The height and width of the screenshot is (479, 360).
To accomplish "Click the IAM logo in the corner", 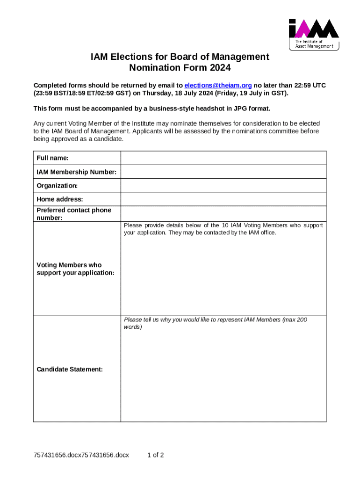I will click(x=313, y=34).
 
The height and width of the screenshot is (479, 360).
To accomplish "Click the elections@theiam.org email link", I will click(x=218, y=85).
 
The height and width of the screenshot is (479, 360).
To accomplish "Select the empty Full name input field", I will click(x=223, y=158).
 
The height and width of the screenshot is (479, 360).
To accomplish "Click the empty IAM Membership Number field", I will click(x=223, y=172).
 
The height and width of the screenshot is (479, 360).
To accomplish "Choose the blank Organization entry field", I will click(x=223, y=186).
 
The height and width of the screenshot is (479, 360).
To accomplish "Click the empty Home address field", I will click(x=223, y=199).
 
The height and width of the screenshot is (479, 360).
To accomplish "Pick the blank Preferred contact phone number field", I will click(x=223, y=214).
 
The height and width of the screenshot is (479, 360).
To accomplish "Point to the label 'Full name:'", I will click(x=52, y=158).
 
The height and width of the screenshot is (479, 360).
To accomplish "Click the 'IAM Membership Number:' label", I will click(x=76, y=172).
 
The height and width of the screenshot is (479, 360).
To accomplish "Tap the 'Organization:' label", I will click(x=57, y=186).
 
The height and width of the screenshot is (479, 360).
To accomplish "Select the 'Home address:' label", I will click(x=59, y=200).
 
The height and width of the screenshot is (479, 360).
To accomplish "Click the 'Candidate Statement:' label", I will click(x=69, y=370).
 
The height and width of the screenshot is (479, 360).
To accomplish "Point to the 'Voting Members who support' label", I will click(x=69, y=265).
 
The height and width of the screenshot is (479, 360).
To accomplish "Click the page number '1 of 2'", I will click(x=155, y=455).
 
